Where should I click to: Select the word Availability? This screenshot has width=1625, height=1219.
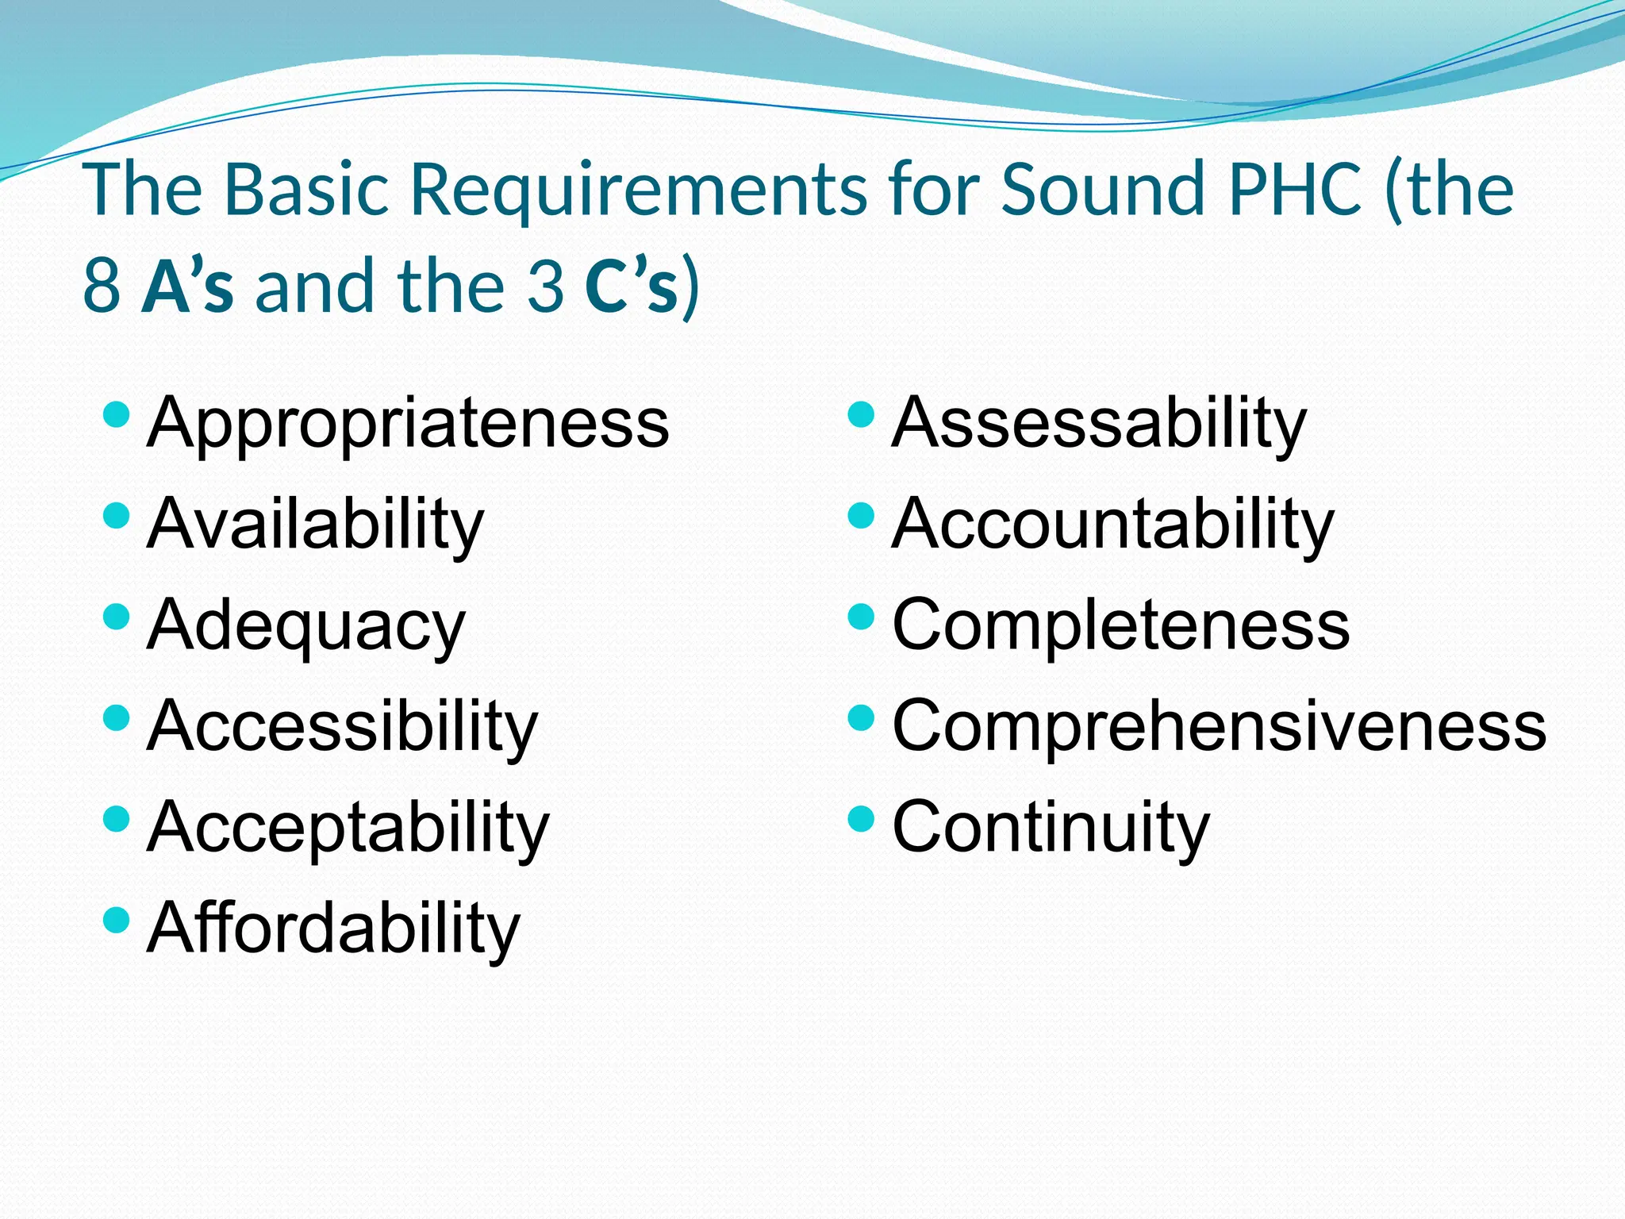(x=315, y=525)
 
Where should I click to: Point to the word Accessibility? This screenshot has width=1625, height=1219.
(x=342, y=726)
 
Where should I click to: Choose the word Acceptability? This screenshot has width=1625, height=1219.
(x=348, y=828)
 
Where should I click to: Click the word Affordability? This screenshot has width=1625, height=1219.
(x=333, y=929)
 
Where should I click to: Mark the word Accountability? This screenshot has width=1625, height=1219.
(x=1113, y=525)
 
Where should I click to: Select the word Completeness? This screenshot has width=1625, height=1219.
(x=1120, y=625)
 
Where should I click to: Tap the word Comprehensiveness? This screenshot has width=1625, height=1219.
(x=1220, y=726)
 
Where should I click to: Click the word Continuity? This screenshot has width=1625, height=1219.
(x=1051, y=828)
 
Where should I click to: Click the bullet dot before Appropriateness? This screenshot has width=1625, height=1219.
(x=117, y=414)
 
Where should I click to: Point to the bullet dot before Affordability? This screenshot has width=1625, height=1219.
(x=117, y=920)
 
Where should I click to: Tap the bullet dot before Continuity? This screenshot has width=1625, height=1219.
(x=861, y=818)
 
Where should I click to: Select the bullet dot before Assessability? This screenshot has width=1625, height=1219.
(x=861, y=414)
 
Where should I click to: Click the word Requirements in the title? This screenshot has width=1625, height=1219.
(x=639, y=190)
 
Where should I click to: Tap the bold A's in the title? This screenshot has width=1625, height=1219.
(x=188, y=286)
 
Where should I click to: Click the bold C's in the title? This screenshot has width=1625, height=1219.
(x=632, y=286)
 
